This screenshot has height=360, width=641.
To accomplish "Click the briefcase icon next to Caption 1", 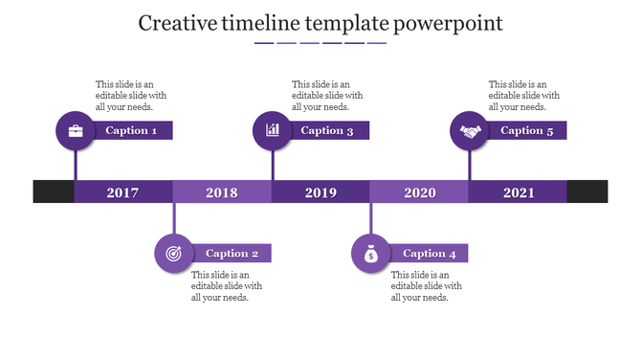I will coord(76,131).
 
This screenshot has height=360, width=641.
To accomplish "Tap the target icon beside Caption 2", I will coord(173,254).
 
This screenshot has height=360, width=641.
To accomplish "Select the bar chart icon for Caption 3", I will coord(273,131).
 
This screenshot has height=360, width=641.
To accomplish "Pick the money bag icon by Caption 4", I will coord(371,254).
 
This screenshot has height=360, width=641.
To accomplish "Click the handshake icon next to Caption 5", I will coord(470,131).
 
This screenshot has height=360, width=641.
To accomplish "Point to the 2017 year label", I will coord(122,192).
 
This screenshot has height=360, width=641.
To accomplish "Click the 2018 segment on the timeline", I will coord(222,192).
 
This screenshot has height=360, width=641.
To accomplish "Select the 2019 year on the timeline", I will coord(320,192).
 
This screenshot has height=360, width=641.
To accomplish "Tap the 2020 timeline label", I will coord(420,192).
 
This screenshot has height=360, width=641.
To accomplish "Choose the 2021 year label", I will coord(519,192).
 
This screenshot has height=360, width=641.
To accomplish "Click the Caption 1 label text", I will coord(131,131).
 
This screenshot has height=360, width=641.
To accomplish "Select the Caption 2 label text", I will coord(232,254).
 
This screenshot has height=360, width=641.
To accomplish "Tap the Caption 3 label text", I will coord(327,131).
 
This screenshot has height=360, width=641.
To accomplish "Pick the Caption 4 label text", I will coord(430,254).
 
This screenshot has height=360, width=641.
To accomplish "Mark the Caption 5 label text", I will coord(527,131).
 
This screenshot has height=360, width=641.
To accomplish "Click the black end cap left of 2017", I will coord(54,191).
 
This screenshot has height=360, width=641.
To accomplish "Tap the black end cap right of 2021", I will coord(587,191).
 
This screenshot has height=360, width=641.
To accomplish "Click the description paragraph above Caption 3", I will coord(327,96).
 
